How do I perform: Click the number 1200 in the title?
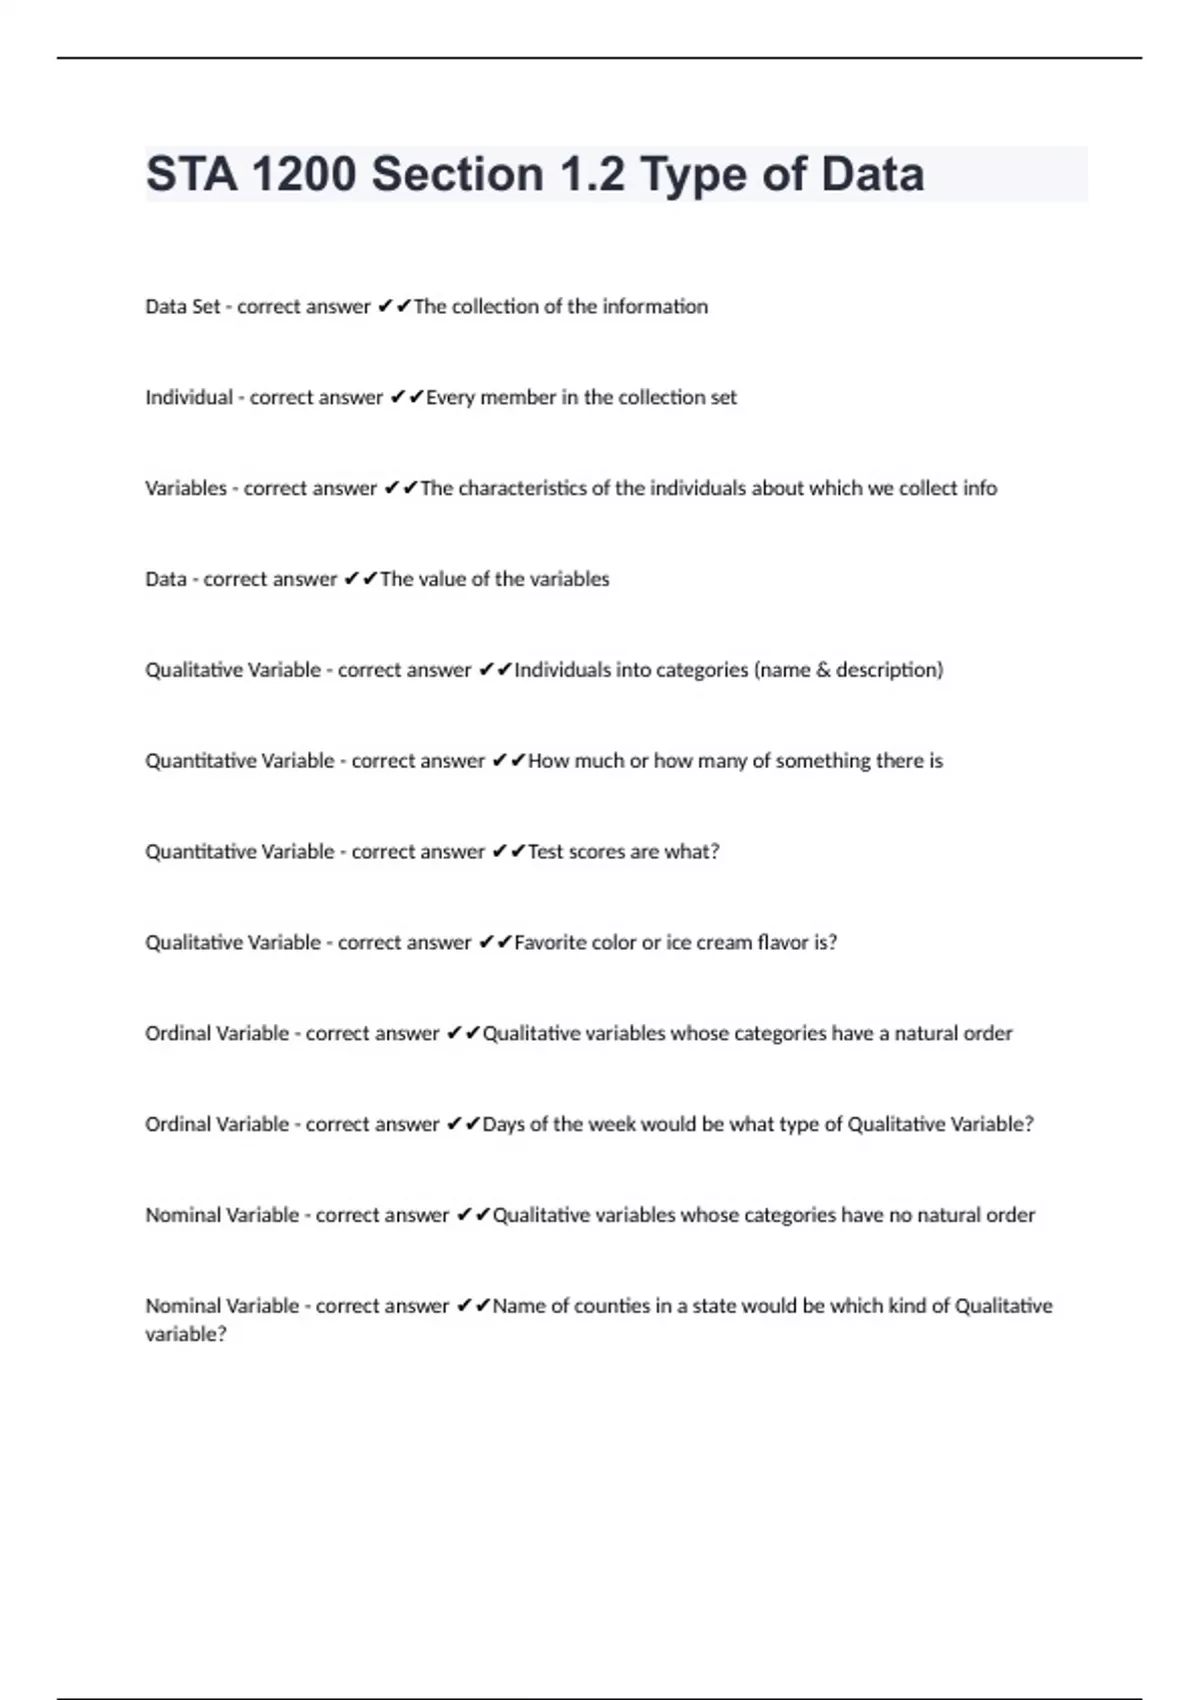[303, 175]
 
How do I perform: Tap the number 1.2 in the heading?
[592, 175]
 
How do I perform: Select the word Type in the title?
[693, 175]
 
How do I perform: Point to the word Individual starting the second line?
[189, 398]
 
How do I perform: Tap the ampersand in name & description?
[823, 670]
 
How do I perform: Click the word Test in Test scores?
[545, 852]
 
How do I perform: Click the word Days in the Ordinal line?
[503, 1125]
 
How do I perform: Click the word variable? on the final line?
[186, 1335]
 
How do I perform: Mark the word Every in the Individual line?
[450, 398]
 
